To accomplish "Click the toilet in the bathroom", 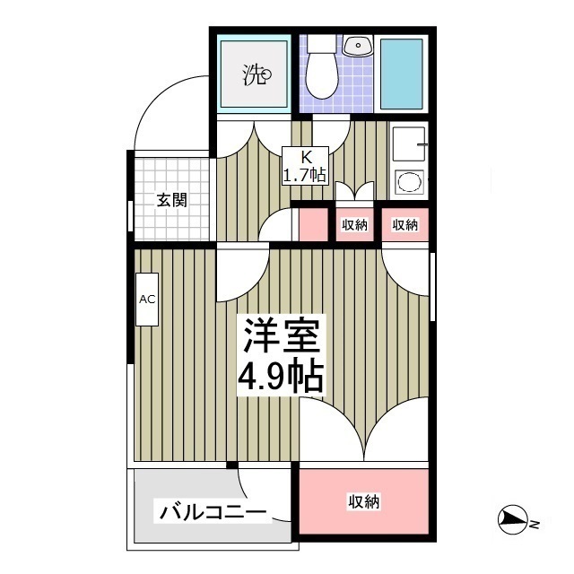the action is (x=321, y=68).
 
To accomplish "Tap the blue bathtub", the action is (x=401, y=74).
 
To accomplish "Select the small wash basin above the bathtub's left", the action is (x=358, y=46).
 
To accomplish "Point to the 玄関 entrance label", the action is (x=171, y=200).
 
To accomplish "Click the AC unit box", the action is (x=147, y=300).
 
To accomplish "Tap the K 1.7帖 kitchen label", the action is (x=305, y=166).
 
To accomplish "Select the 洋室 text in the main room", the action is (x=281, y=335).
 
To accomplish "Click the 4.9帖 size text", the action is (x=281, y=378).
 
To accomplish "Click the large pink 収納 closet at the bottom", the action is (x=364, y=501).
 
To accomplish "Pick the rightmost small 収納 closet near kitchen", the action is (x=404, y=225).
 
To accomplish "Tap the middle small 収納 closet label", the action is (x=355, y=225).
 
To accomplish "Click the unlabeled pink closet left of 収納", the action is (x=313, y=225).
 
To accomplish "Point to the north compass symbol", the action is (x=512, y=519).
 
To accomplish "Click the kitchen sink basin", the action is (x=409, y=143).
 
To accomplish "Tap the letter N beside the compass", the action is (x=535, y=524).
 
